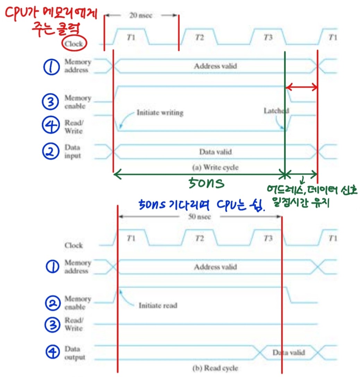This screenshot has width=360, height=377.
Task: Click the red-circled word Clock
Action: click(73, 44)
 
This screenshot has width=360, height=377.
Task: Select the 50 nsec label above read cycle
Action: click(199, 217)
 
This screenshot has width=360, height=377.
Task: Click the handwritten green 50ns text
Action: click(206, 183)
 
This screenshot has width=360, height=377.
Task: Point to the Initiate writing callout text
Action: click(160, 113)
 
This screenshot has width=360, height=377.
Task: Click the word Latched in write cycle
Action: click(276, 111)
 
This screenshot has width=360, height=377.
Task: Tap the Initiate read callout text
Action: click(158, 305)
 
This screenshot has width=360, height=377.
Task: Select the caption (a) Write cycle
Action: click(215, 167)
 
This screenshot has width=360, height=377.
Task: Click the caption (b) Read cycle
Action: click(215, 368)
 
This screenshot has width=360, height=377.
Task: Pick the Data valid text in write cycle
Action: click(215, 152)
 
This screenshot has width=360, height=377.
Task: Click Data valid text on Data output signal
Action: click(289, 352)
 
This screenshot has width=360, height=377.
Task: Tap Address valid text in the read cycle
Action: click(215, 267)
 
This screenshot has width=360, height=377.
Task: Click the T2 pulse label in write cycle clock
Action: click(199, 37)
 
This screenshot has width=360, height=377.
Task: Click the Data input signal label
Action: click(72, 151)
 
